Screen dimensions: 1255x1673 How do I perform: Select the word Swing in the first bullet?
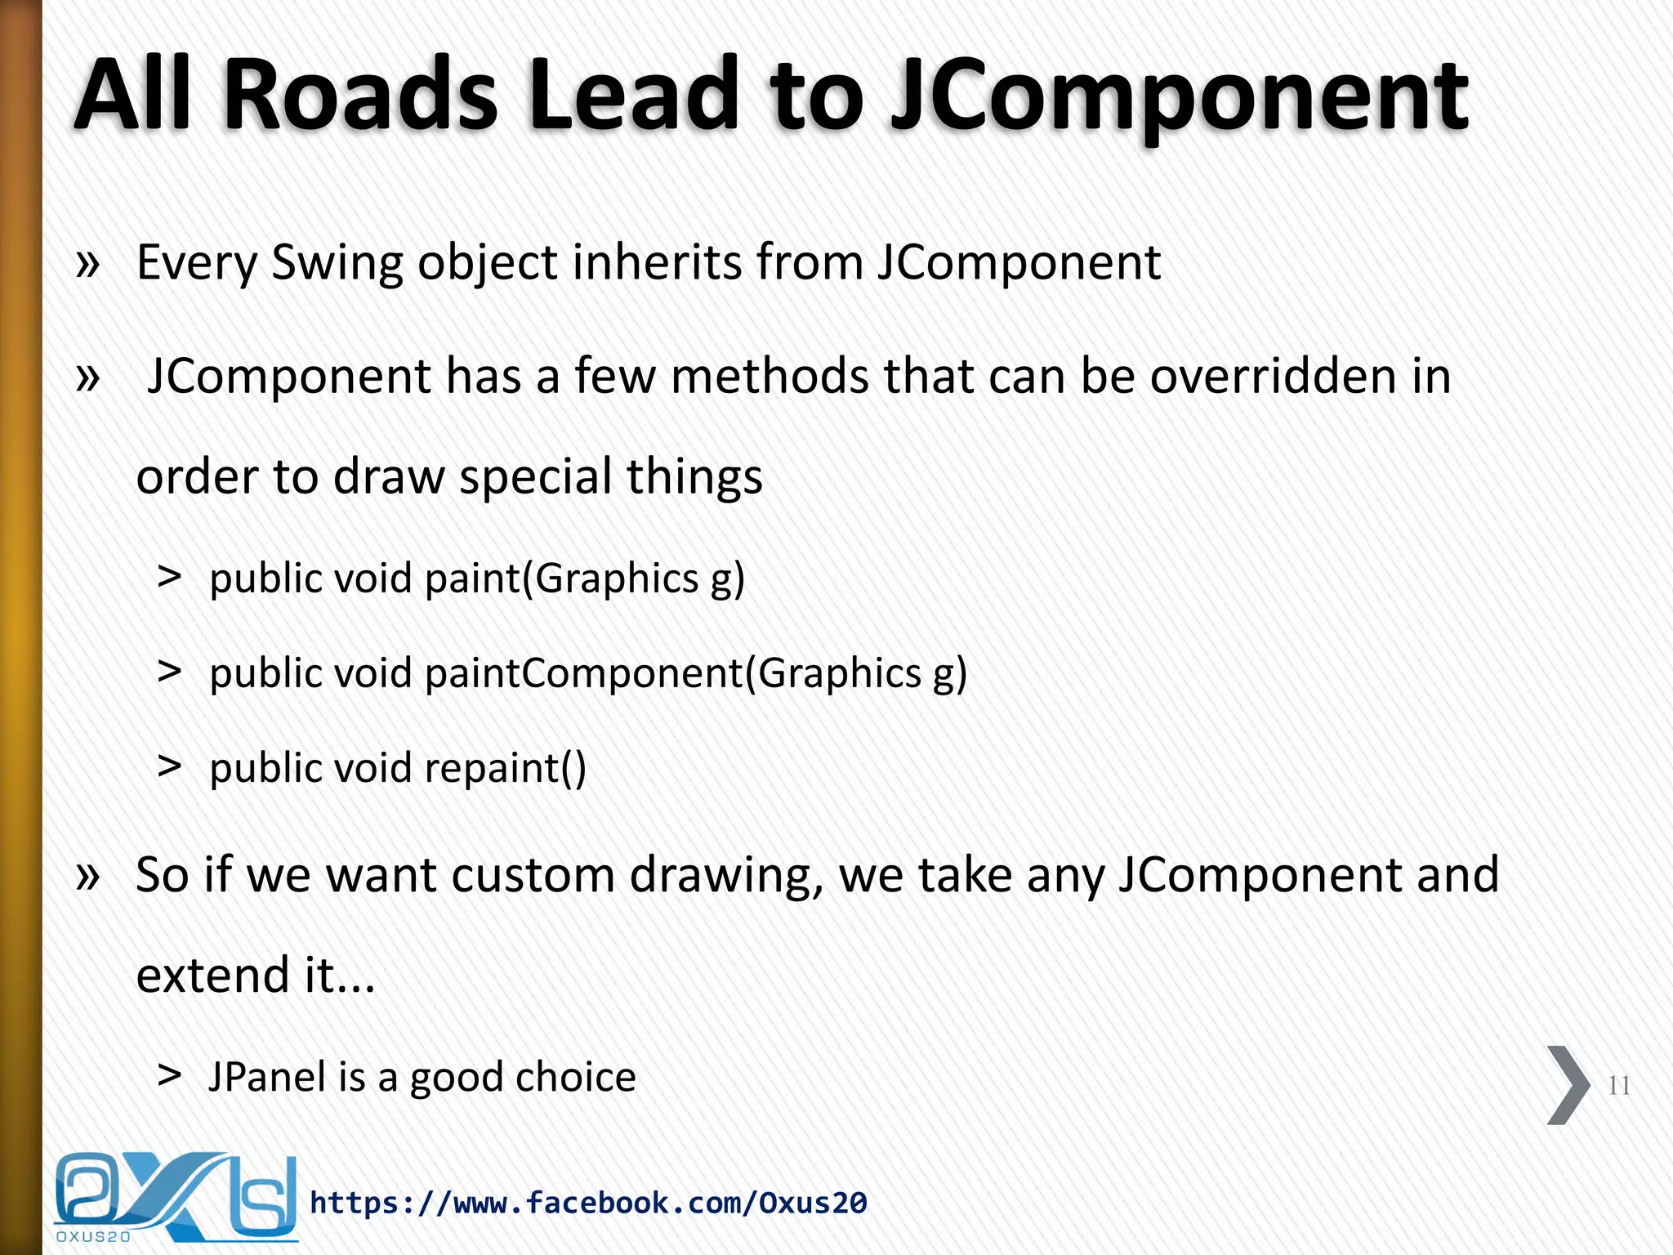click(337, 263)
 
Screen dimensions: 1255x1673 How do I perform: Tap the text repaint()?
click(505, 768)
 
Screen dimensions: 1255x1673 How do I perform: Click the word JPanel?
click(267, 1077)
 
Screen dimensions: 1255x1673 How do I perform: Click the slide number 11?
click(1618, 1086)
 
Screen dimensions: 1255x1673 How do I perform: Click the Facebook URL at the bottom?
click(588, 1203)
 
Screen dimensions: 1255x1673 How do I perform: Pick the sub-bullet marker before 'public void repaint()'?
click(169, 766)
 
